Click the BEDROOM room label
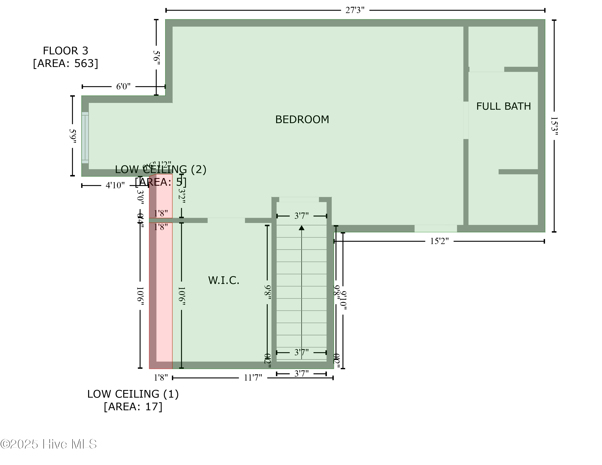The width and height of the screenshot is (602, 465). [302, 120]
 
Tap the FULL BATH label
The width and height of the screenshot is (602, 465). [503, 106]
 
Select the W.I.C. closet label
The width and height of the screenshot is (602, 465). [224, 281]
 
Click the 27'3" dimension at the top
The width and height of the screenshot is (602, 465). [355, 10]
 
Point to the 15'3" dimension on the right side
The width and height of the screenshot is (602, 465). [554, 126]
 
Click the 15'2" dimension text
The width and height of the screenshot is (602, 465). [439, 241]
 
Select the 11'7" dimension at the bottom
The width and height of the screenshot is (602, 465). [253, 378]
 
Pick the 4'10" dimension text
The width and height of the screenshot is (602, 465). [115, 185]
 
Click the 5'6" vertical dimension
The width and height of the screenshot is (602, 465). [156, 58]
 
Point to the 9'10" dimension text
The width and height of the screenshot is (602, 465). [343, 300]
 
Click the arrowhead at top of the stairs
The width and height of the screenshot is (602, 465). [302, 228]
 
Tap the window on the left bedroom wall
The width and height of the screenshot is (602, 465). [85, 138]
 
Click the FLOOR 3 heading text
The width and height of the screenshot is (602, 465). [65, 51]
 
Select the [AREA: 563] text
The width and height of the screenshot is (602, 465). [65, 63]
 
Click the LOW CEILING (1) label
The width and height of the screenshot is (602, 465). [133, 394]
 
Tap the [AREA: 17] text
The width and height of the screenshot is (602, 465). [133, 407]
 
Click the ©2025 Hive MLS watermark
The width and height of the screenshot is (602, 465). [49, 444]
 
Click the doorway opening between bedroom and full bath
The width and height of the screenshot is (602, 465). [466, 120]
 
